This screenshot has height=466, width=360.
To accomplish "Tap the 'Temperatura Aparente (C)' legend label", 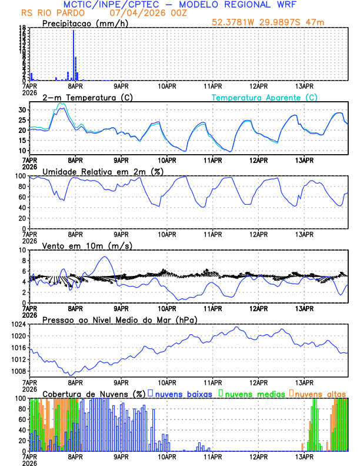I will (264, 98).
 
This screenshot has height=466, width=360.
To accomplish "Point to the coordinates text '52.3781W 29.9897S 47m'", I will (269, 22).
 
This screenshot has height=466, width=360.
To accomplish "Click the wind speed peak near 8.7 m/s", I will (105, 257).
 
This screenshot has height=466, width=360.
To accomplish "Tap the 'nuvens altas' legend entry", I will (319, 394).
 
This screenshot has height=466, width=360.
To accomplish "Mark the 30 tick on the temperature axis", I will (22, 110).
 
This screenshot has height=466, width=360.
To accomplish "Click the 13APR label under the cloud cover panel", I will (304, 456).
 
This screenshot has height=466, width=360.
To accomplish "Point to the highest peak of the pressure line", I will (236, 327).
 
